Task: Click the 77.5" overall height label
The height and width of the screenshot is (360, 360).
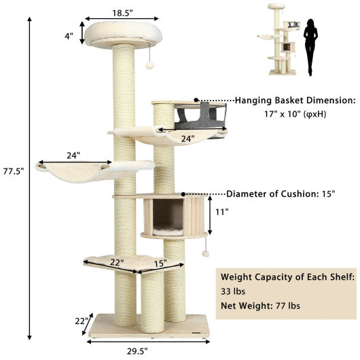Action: point(14,171)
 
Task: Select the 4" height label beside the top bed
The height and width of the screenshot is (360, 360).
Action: point(69,36)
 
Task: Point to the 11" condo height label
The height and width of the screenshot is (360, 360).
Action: point(223,211)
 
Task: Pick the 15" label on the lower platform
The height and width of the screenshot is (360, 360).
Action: point(160,264)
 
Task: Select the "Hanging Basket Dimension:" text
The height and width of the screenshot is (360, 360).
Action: point(295,101)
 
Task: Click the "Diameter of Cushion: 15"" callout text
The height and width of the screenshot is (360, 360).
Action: point(281,194)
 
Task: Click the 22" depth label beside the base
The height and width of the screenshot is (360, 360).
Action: point(82,321)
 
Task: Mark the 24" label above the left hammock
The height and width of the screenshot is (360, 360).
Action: point(73,155)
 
